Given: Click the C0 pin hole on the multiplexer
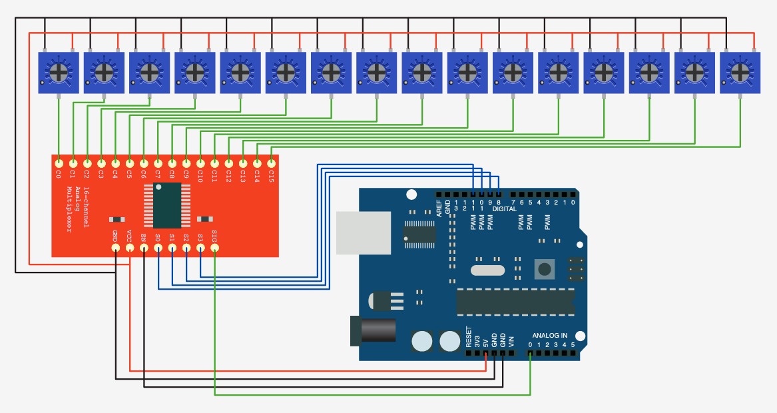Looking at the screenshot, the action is [59, 163].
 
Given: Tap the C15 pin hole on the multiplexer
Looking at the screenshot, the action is [272, 163].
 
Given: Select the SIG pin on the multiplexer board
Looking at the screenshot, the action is [215, 247].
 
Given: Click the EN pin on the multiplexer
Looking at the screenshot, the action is [144, 247].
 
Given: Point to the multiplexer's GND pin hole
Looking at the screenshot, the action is [115, 247].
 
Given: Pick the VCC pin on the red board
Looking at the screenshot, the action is [130, 247].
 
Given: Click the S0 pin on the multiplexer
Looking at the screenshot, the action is [158, 247].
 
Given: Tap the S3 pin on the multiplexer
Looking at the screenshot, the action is [200, 247].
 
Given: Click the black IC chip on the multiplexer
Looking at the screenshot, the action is [167, 205].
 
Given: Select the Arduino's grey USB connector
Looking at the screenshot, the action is [364, 233].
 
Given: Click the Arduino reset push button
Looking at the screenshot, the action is [545, 269].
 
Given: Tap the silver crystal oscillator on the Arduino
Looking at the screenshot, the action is [487, 270].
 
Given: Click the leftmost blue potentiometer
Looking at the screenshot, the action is [59, 73].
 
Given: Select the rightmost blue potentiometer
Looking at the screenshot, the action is [740, 73].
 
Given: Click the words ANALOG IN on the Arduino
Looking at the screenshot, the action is [549, 336].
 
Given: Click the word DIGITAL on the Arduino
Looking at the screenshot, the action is [505, 209].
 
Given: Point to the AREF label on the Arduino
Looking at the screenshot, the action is [439, 208].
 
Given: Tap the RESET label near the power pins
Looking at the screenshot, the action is [469, 336].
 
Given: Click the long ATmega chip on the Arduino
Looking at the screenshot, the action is [515, 302].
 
